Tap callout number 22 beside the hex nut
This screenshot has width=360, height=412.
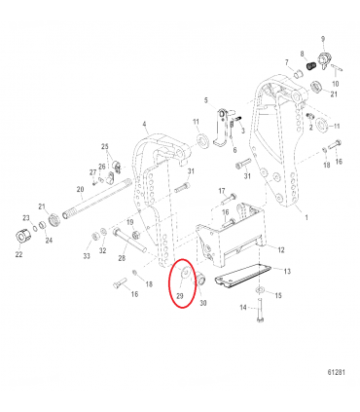click(x=19, y=255)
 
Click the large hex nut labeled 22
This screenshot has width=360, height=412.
click(x=18, y=238)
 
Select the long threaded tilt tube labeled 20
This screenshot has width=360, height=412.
click(x=97, y=204)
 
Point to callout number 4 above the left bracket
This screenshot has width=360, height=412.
click(x=144, y=124)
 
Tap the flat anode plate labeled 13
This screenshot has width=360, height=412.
click(x=238, y=279)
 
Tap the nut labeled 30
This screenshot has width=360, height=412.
click(x=198, y=281)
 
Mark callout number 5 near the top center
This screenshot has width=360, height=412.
click(x=205, y=100)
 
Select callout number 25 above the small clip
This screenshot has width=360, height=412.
click(x=106, y=146)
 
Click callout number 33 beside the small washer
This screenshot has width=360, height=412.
click(x=86, y=256)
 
